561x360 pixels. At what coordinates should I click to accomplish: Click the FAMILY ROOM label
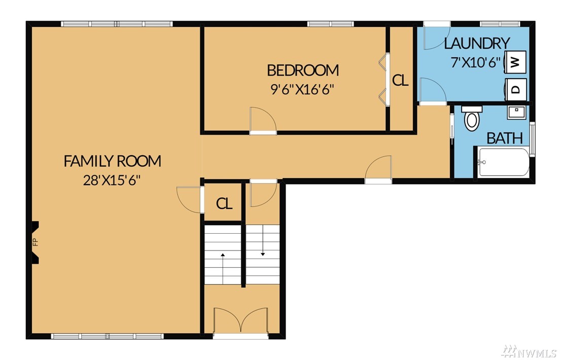112,161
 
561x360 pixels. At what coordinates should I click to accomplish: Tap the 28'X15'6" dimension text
111,180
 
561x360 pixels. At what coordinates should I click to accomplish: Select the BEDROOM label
303,70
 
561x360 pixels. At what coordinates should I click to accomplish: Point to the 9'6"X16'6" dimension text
302,89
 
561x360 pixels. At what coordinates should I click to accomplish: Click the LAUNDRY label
477,43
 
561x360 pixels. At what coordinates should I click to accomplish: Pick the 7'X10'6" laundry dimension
476,62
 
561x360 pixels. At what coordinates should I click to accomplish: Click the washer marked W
515,62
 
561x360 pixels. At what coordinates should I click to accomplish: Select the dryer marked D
515,89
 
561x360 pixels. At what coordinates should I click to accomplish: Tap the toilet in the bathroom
472,118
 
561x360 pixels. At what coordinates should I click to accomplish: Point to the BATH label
505,138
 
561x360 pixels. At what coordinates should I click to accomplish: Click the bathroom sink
516,112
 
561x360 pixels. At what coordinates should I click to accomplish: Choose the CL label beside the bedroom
400,81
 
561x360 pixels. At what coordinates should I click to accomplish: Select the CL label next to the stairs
224,203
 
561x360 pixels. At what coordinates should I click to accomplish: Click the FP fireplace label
35,242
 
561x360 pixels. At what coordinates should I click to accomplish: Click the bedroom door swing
263,120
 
